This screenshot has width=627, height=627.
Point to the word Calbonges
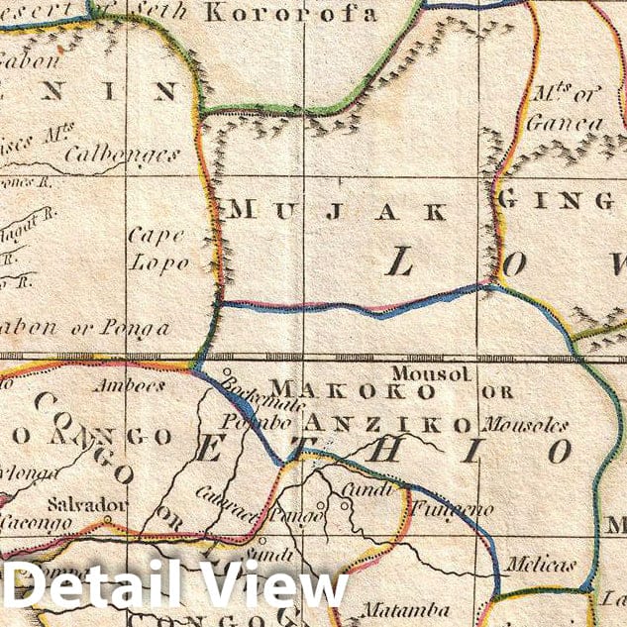point(123,155)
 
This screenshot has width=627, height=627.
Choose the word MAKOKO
point(352,391)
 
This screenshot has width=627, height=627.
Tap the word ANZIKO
point(396,425)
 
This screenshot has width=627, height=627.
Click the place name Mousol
point(431,372)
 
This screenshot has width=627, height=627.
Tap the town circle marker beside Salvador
point(107,519)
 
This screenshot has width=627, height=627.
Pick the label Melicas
point(540,565)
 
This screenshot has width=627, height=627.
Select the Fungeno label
point(439,509)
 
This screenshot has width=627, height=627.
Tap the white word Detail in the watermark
point(97,586)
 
